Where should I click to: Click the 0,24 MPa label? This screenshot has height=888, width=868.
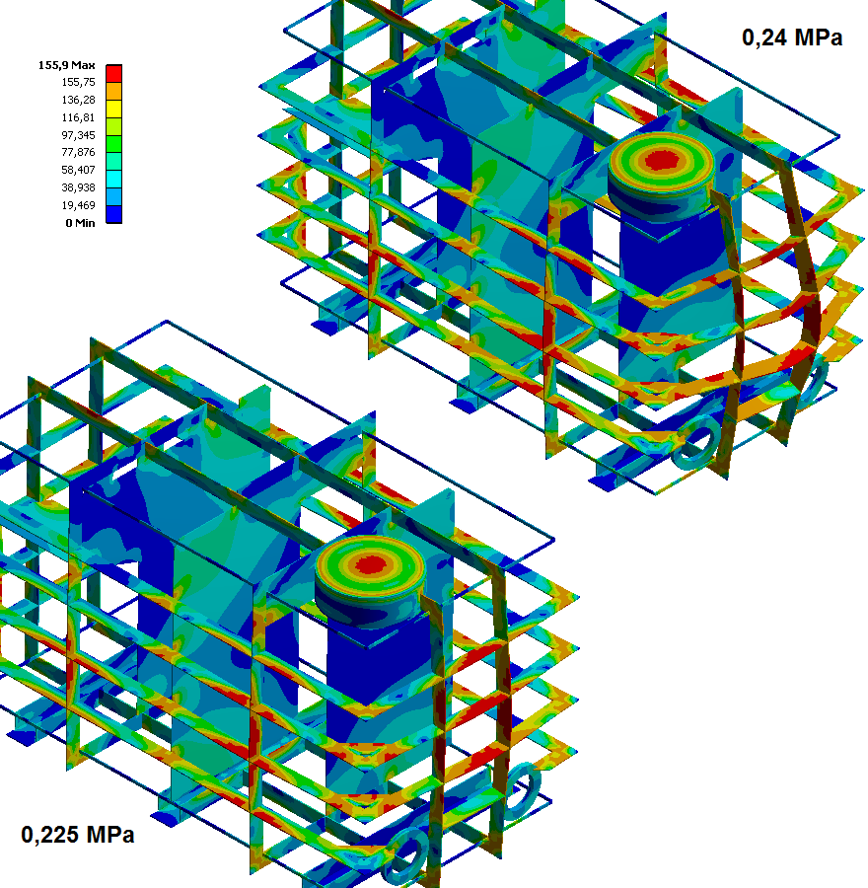point(792,37)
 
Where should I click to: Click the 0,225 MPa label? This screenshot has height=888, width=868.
point(78,834)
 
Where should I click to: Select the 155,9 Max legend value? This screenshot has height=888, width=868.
point(66,65)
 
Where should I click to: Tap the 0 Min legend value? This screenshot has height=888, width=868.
point(80,223)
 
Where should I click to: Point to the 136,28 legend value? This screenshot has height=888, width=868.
point(78,100)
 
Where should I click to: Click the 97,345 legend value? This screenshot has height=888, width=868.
point(78,135)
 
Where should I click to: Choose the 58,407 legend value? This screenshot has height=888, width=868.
point(78,170)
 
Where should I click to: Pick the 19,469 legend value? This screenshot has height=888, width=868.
point(78,205)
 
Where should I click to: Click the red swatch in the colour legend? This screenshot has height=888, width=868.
point(113,74)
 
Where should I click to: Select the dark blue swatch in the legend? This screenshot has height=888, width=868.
point(113,214)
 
